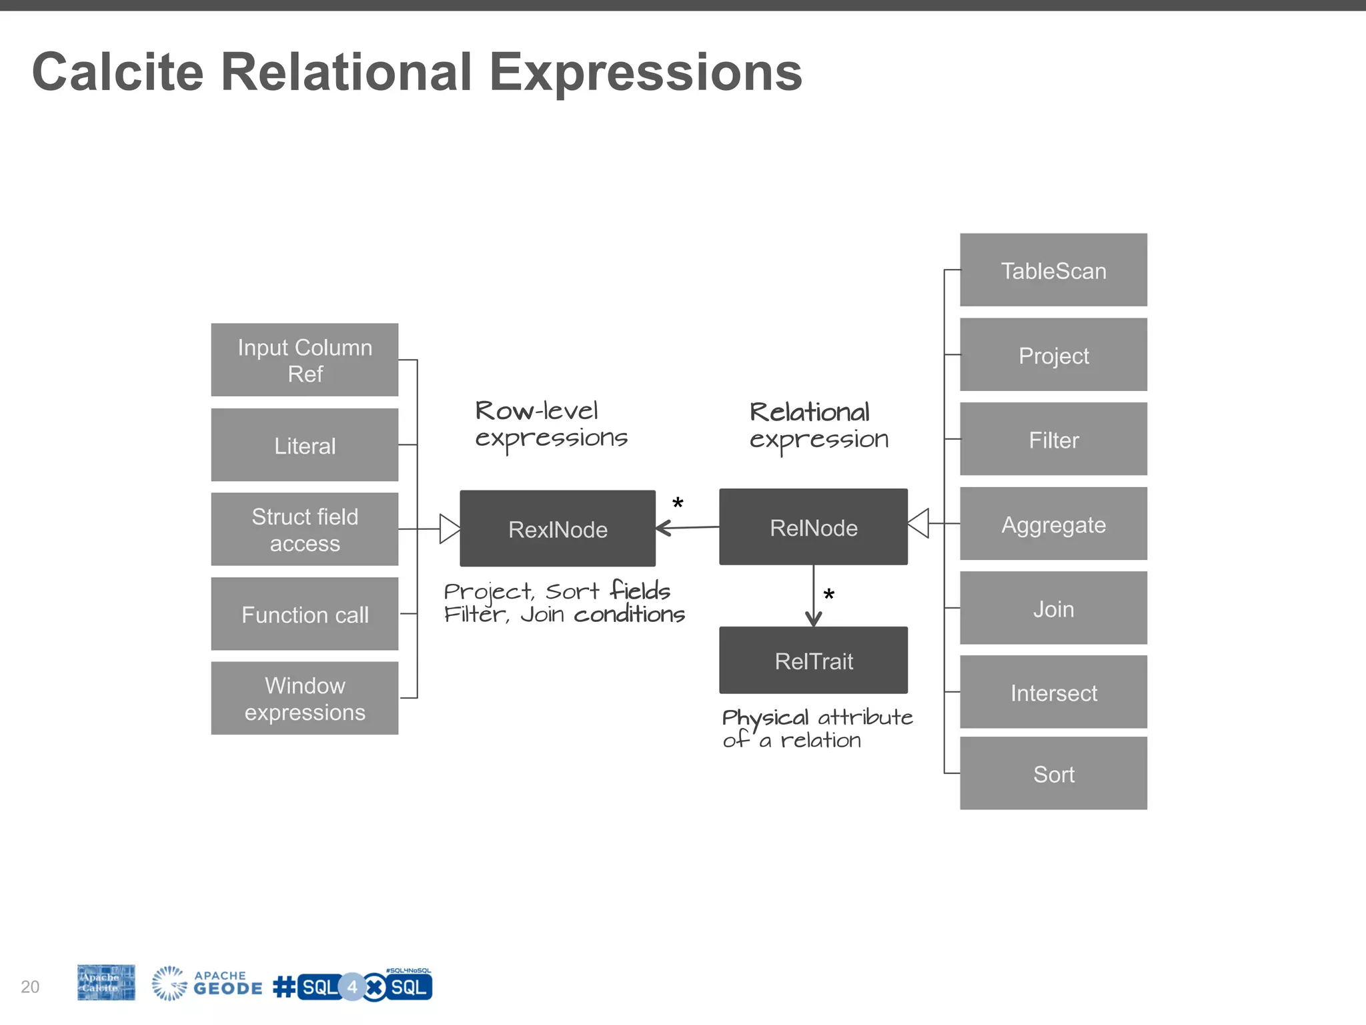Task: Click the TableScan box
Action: tap(1053, 270)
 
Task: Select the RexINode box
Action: tap(558, 529)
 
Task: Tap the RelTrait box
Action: tap(813, 660)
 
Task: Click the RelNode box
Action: tap(813, 527)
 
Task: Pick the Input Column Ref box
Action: tap(305, 360)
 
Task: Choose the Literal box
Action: tap(305, 444)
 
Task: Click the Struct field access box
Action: tap(305, 529)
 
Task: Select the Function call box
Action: tap(305, 614)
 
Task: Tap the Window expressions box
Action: tap(305, 698)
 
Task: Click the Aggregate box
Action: tap(1053, 524)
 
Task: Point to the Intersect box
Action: tap(1053, 692)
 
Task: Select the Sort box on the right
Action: tap(1053, 773)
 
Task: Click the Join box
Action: tap(1053, 608)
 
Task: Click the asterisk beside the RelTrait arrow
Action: tap(829, 595)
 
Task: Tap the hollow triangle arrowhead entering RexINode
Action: tap(450, 529)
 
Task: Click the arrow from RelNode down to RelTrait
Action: tap(813, 596)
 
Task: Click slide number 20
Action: tap(30, 986)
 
